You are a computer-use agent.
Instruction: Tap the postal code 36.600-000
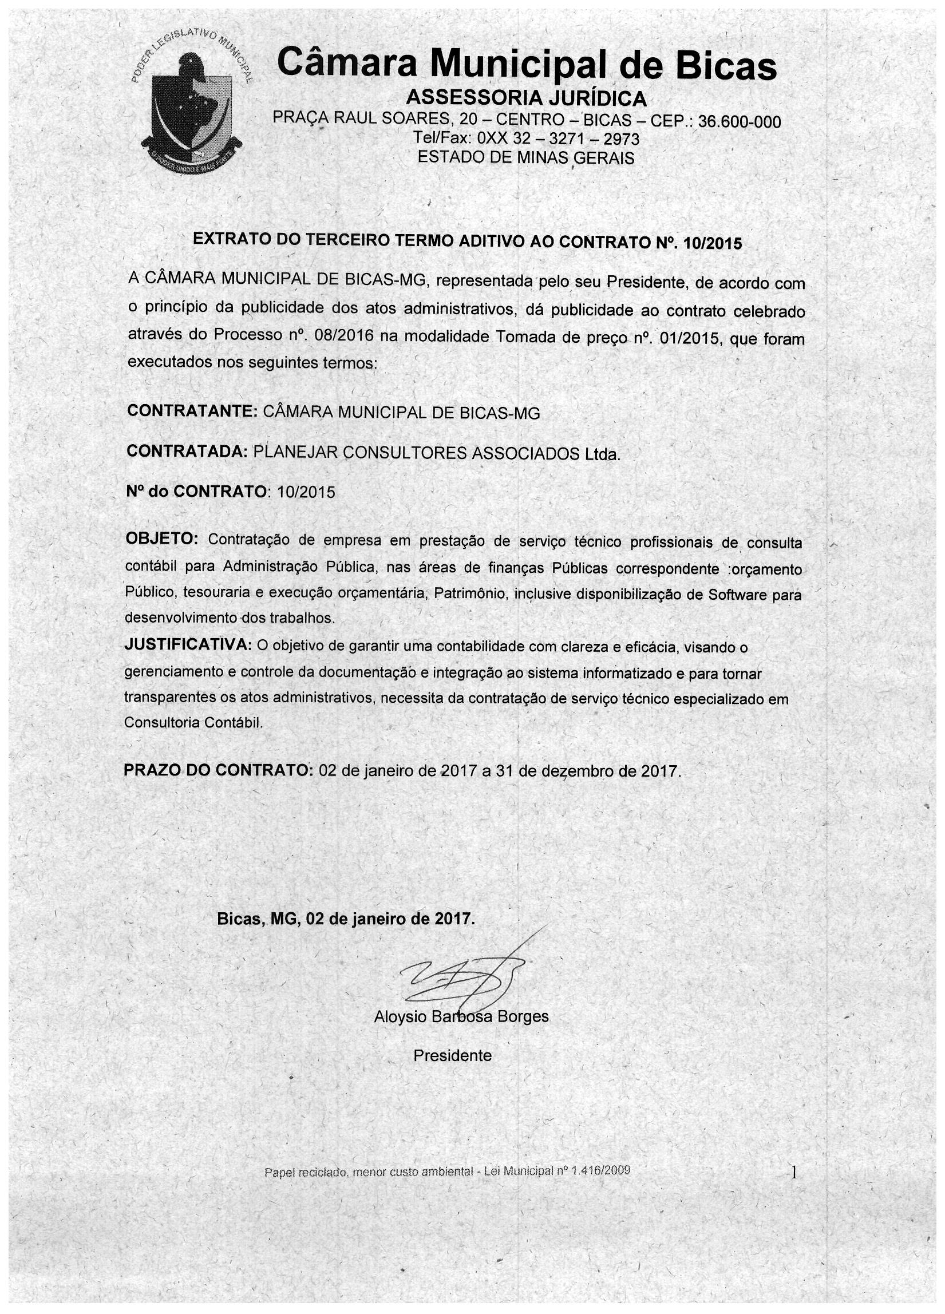point(740,122)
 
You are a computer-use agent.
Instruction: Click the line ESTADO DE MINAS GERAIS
point(526,157)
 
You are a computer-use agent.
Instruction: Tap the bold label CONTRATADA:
point(187,452)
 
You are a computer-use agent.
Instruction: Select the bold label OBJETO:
point(161,538)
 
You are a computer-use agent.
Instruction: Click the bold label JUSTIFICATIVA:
point(188,645)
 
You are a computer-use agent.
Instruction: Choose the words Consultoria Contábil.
point(193,723)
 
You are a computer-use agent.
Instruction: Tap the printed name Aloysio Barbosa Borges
point(461,1016)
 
